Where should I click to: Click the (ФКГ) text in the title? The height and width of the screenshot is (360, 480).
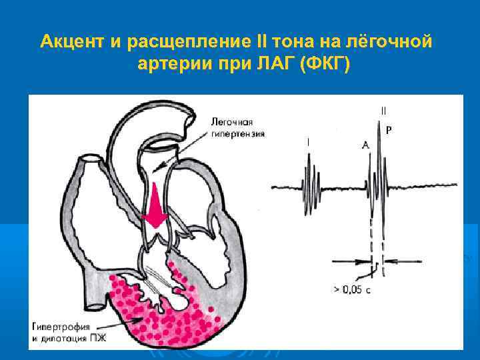327,65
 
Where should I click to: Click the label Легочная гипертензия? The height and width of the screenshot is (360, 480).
237,128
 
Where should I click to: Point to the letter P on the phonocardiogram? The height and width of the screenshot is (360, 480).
389,132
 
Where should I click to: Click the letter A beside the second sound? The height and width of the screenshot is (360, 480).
366,144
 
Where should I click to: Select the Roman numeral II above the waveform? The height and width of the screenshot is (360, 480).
383,111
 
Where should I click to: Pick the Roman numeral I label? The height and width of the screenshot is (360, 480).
308,142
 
